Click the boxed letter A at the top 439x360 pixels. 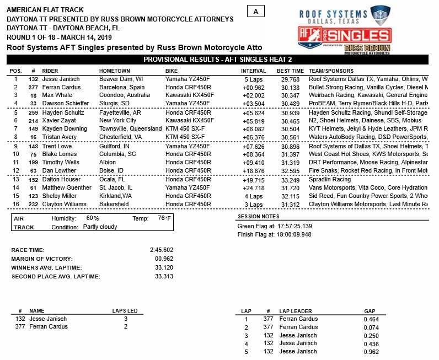pyautogui.click(x=256, y=12)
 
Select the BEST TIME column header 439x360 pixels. pyautogui.click(x=290, y=71)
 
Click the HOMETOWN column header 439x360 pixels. pyautogui.click(x=114, y=71)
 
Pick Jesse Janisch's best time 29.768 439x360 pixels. pyautogui.click(x=290, y=79)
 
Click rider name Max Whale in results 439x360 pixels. pyautogui.click(x=57, y=95)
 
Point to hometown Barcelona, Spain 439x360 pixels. pyautogui.click(x=122, y=87)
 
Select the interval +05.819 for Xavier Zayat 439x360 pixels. pyautogui.click(x=253, y=120)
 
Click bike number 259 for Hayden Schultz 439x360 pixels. pyautogui.click(x=33, y=112)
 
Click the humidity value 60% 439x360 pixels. pyautogui.click(x=93, y=218)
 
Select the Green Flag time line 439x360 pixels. pyautogui.click(x=274, y=226)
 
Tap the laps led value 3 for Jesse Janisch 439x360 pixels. pyautogui.click(x=125, y=319)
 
